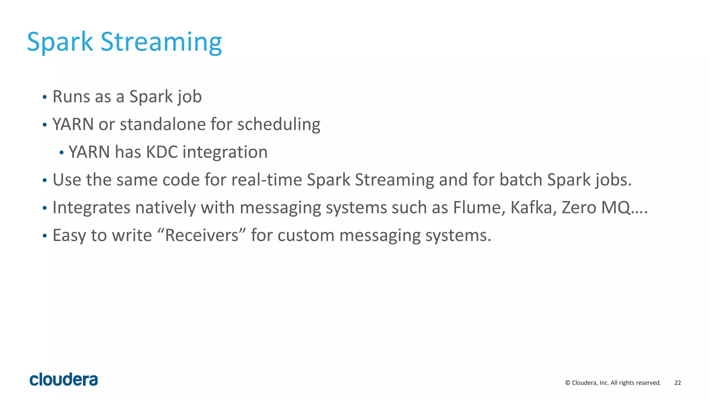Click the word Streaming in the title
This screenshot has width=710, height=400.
coord(161,42)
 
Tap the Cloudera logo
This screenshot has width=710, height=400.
coord(64,380)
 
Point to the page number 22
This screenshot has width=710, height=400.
coord(677,383)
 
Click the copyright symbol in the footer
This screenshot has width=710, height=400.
coord(568,383)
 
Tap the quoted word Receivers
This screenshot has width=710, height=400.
coord(202,235)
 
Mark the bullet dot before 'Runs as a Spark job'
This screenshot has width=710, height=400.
coord(44,97)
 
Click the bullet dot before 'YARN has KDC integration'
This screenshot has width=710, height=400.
coord(61,152)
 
